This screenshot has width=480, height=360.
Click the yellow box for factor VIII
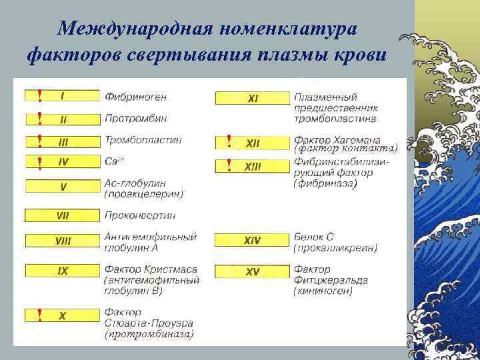coord(63,239)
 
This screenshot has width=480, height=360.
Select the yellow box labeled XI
coord(253,99)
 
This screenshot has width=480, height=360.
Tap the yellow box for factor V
coord(63,187)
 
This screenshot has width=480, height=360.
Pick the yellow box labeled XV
coord(253,271)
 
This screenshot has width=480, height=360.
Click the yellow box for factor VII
coord(63,215)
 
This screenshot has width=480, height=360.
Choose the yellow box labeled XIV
coord(253,239)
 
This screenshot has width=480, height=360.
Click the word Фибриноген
coord(136,96)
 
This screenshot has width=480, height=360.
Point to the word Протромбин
coord(136,119)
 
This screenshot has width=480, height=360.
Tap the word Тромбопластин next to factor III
coord(143,140)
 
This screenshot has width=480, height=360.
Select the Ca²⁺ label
coord(114,161)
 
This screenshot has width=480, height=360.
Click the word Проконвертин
coord(140,215)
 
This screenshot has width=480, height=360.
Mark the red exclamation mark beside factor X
coord(40,314)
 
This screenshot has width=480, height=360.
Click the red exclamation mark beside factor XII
coord(229,141)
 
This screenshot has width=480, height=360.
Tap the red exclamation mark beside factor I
coord(40,96)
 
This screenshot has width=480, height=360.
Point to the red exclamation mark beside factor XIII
coord(229,164)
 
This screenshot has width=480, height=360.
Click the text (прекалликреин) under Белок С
coord(335,248)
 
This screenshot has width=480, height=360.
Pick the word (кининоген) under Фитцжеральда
coord(323,291)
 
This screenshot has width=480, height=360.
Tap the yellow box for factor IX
coord(63,271)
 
